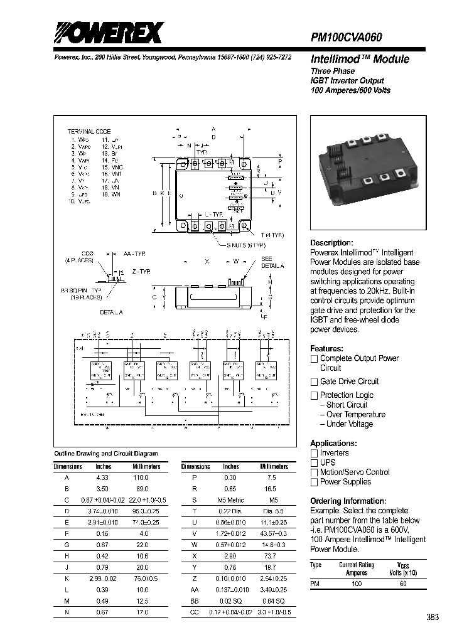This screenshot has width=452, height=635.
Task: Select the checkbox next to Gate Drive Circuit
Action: pos(315,382)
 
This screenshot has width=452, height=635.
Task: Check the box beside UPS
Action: pos(315,462)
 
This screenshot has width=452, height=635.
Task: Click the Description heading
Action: pos(331,243)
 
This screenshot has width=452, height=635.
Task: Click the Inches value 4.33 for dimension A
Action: pos(103,478)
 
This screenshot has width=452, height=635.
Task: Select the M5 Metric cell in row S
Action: pos(230,499)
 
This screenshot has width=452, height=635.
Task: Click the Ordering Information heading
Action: pos(348,501)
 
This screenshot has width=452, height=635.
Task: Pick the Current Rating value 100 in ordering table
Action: pos(357,584)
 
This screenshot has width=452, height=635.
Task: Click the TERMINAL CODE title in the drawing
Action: pos(89,131)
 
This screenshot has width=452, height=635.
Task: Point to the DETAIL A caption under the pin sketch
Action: pos(111,312)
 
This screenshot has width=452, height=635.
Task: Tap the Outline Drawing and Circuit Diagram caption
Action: pos(105,453)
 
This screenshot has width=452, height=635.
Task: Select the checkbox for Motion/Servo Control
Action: pos(315,472)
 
